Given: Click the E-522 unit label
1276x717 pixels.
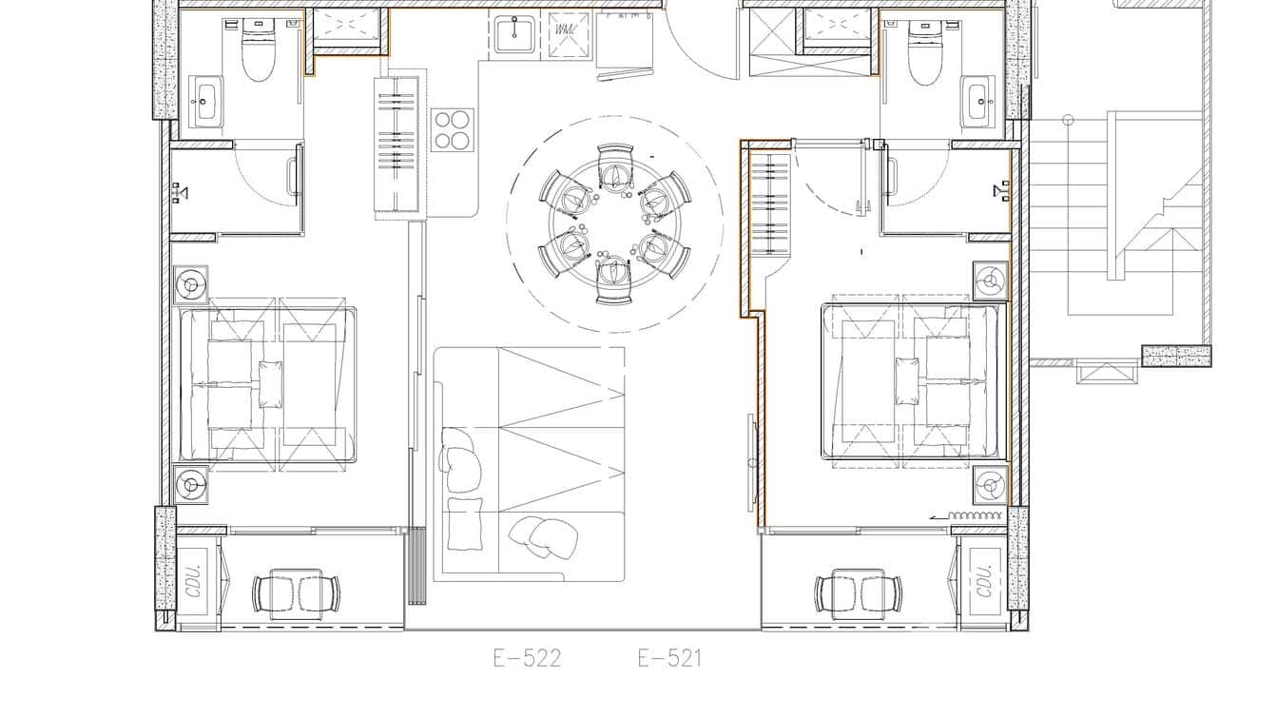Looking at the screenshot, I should pyautogui.click(x=527, y=658).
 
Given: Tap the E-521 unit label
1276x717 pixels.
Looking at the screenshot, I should pyautogui.click(x=669, y=658).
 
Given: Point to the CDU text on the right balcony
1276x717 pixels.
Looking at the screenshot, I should pyautogui.click(x=983, y=581).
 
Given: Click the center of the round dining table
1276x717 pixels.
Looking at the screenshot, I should pyautogui.click(x=615, y=223).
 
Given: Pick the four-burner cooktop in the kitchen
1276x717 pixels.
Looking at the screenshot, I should pyautogui.click(x=453, y=129).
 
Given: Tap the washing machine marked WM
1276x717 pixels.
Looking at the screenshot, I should pyautogui.click(x=569, y=34).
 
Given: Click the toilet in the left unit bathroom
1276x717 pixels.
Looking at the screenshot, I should pyautogui.click(x=258, y=52).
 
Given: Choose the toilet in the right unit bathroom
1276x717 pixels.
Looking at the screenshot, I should pyautogui.click(x=923, y=53).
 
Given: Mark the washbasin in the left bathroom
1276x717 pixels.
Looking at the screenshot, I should pyautogui.click(x=207, y=101).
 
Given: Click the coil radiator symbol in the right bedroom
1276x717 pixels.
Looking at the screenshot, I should pyautogui.click(x=978, y=515).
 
